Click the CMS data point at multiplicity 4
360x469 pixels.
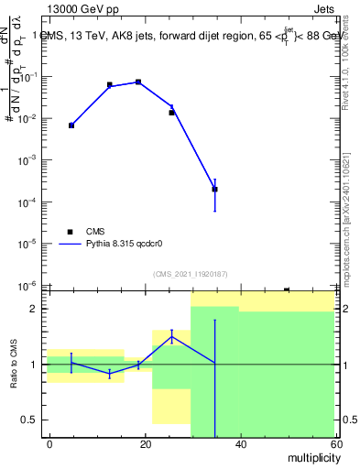point(71,125)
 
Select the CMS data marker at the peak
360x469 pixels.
point(138,82)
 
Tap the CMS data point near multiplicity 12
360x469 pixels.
point(110,85)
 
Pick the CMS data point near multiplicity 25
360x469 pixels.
point(171,113)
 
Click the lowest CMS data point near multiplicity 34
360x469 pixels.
point(214,190)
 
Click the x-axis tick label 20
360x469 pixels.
point(146,444)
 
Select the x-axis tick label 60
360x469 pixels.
point(334,444)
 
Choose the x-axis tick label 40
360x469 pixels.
point(240,444)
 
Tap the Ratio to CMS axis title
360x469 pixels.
point(15,364)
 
